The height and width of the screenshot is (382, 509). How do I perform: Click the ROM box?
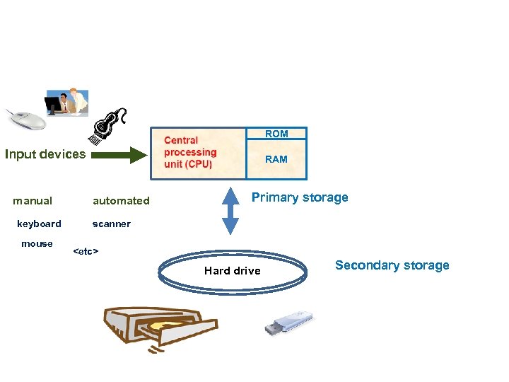276,134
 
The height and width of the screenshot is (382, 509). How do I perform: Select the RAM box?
276,159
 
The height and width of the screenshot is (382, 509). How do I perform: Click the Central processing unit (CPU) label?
190,152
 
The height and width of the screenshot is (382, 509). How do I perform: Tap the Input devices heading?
45,154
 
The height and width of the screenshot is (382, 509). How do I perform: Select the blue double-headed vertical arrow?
230,210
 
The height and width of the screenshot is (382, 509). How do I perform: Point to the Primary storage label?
300,197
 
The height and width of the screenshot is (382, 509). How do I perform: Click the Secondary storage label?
392,265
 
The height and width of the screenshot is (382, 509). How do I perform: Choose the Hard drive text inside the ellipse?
232,271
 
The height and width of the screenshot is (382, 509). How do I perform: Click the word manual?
33,201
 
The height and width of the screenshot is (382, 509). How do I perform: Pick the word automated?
121,201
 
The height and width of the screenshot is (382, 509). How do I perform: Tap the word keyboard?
39,224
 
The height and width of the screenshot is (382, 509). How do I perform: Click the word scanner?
111,224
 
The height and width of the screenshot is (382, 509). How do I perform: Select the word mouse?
37,244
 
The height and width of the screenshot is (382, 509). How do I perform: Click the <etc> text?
86,251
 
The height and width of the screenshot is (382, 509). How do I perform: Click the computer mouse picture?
25,119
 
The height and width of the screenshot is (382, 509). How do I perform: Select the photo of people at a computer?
66,103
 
